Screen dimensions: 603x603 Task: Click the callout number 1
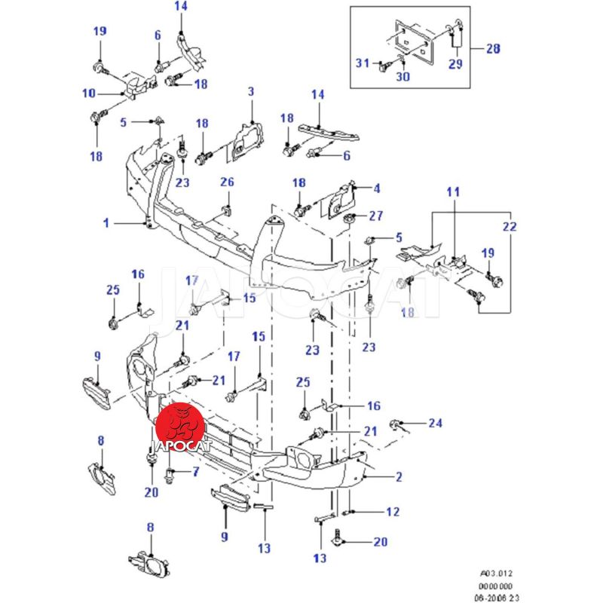click(x=107, y=223)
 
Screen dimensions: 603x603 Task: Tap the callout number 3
click(x=251, y=91)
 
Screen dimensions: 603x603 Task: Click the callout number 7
click(x=195, y=473)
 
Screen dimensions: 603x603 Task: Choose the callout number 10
click(x=88, y=93)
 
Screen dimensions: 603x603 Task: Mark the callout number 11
click(x=452, y=193)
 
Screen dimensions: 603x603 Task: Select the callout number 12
click(x=392, y=512)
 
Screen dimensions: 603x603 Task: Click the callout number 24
click(x=436, y=423)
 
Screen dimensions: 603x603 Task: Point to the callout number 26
click(x=227, y=182)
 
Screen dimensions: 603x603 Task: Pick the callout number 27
click(x=375, y=216)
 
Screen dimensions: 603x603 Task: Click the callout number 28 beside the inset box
click(x=493, y=49)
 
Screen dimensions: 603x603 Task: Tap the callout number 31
click(x=362, y=63)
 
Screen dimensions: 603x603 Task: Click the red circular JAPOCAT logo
click(x=179, y=424)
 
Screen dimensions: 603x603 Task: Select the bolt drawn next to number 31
click(x=383, y=66)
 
